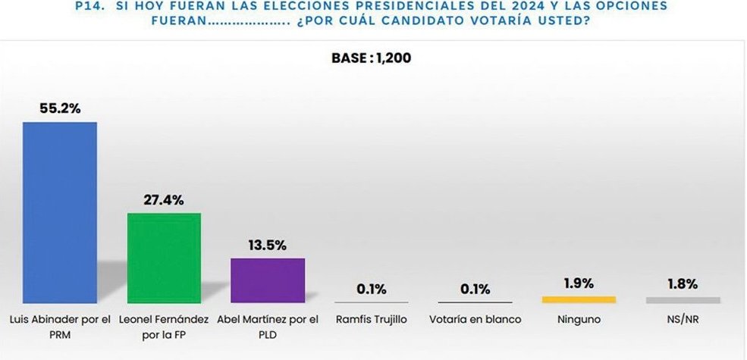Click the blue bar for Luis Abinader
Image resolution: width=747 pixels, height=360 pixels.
(60, 212)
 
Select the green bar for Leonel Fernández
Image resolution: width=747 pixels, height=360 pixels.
(164, 258)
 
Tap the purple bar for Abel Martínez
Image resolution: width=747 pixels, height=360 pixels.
(268, 280)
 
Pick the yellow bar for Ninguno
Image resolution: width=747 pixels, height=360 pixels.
(579, 300)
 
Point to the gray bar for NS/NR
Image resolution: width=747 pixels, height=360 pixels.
(683, 300)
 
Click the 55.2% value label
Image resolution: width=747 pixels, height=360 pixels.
(60, 108)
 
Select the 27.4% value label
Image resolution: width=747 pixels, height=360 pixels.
(164, 200)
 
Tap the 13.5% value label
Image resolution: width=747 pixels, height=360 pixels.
(268, 245)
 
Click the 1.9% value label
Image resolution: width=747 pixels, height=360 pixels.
(579, 283)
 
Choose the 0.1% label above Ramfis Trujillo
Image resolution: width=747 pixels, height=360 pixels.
(372, 289)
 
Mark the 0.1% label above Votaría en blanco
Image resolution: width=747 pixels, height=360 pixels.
(476, 289)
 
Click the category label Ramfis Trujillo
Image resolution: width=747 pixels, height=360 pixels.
(372, 319)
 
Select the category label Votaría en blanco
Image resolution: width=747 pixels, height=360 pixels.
(476, 319)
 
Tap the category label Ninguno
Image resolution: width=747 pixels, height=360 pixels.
(579, 319)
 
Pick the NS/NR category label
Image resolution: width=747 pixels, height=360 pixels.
(683, 319)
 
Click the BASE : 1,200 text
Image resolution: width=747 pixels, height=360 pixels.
(372, 58)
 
